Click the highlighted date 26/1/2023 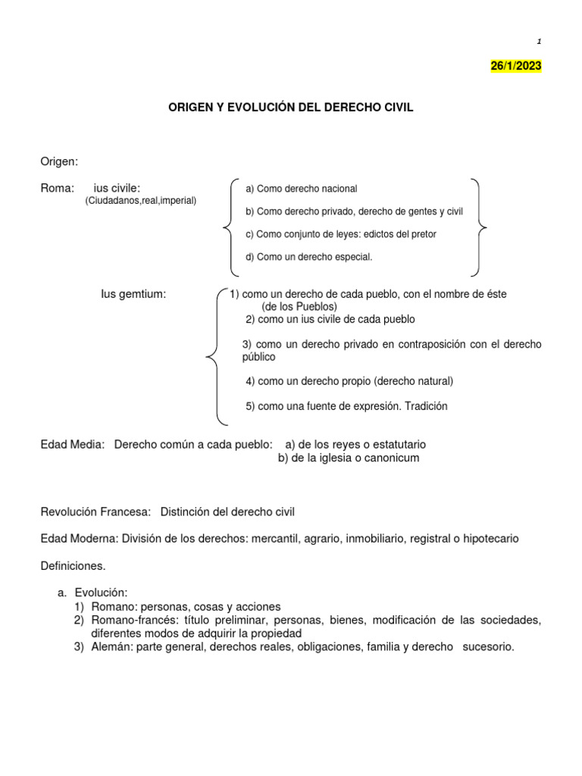click(516, 66)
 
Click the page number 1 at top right click(539, 41)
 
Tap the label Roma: click(57, 188)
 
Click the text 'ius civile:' click(117, 188)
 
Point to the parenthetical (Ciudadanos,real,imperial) click(141, 201)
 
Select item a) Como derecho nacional click(301, 189)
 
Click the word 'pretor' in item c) click(422, 234)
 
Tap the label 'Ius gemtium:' click(133, 293)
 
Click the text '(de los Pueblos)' click(299, 306)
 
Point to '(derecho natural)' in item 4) click(413, 380)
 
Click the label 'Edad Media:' click(72, 445)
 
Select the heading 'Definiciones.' click(73, 565)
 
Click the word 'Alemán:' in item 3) click(112, 647)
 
